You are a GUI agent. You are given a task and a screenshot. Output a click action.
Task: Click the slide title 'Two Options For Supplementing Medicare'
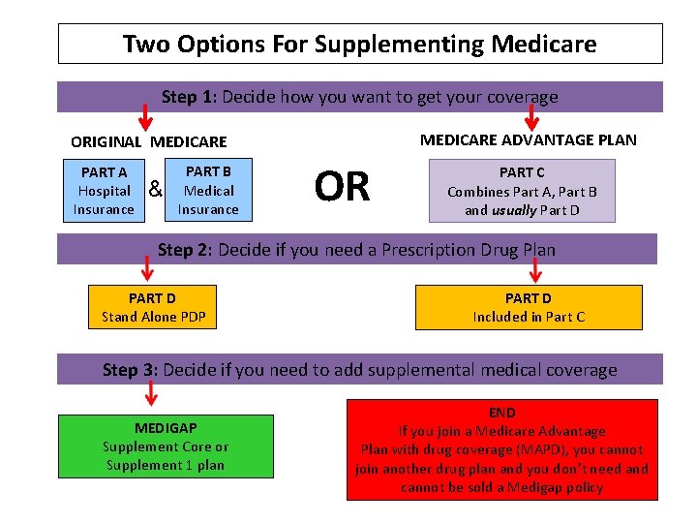tap(359, 44)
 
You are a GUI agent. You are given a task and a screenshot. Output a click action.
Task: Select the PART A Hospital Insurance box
tap(104, 191)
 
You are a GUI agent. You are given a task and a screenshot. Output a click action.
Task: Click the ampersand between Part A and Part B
tap(155, 189)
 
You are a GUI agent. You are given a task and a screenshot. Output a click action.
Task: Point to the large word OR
tap(343, 187)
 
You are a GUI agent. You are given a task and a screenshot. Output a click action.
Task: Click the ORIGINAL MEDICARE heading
tap(148, 141)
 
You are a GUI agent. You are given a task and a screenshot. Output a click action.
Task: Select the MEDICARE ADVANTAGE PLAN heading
tap(528, 139)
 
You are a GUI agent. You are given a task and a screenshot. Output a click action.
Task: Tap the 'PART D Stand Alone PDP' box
tap(153, 307)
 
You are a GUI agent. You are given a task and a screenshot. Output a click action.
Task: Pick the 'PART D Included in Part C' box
tap(529, 307)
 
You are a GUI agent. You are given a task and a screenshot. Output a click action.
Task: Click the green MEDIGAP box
tap(166, 446)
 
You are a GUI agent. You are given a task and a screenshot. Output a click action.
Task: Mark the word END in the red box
tap(501, 413)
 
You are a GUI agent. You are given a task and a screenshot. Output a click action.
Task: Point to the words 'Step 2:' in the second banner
tap(185, 250)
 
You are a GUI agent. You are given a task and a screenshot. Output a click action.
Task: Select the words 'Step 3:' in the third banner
tap(131, 370)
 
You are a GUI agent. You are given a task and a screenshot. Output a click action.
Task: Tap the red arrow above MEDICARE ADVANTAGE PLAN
tap(530, 115)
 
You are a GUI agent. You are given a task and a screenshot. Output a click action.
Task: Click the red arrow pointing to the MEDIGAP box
tap(151, 394)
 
